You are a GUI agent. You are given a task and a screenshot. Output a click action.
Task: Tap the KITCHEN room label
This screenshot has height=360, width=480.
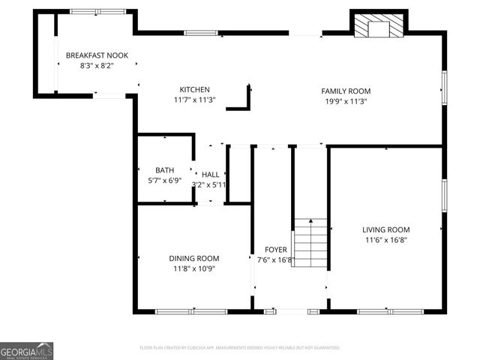[194, 89]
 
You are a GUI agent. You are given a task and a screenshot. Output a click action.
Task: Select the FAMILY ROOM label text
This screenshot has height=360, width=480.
[346, 91]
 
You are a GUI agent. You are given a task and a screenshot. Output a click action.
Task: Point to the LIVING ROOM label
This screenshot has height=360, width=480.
[385, 229]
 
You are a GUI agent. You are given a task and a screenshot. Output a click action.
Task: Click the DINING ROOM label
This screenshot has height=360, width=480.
[193, 258]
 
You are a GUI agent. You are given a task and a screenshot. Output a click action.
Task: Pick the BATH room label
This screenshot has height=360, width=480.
[164, 170]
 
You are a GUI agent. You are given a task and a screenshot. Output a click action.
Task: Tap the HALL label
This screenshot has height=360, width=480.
[210, 174]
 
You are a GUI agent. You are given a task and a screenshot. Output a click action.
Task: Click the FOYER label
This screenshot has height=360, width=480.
[275, 250]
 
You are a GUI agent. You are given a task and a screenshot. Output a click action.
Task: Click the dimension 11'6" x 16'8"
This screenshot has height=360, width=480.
[385, 240]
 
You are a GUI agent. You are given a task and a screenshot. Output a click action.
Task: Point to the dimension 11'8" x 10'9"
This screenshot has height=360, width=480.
[193, 268]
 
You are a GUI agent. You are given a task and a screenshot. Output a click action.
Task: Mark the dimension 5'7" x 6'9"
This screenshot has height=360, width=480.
[164, 180]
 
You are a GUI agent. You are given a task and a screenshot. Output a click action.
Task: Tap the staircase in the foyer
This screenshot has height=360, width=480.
[310, 243]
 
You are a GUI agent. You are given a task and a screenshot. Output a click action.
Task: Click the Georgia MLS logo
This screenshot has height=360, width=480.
[27, 351]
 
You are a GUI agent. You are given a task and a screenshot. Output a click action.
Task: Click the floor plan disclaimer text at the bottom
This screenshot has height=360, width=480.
[240, 348]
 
